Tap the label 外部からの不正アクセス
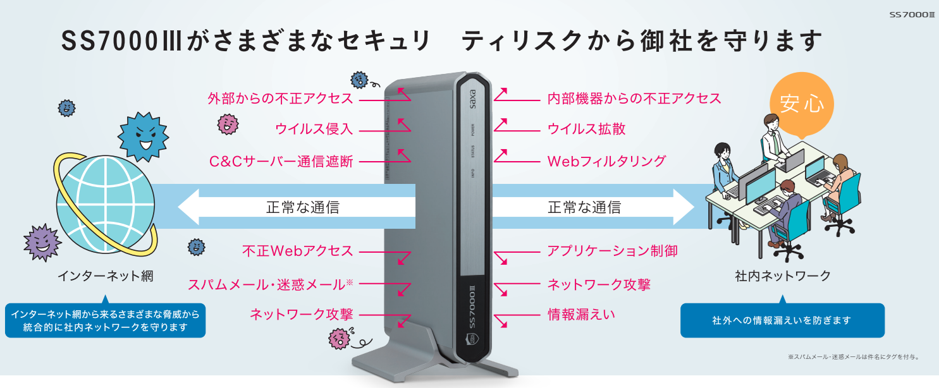tap(281, 99)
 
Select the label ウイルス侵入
tap(314, 129)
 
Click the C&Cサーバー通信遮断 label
tap(281, 162)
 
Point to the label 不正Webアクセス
tap(298, 251)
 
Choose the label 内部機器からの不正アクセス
tap(634, 99)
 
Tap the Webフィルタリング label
tap(606, 162)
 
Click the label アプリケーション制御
tap(613, 251)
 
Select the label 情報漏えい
tap(581, 315)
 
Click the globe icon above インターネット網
tap(106, 205)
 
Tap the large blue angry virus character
tap(143, 136)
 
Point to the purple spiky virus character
tap(42, 243)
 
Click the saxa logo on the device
tap(472, 99)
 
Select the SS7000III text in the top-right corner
tap(912, 15)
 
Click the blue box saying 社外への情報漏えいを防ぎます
tap(782, 320)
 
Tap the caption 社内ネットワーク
tap(783, 276)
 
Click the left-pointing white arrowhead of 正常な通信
tap(188, 207)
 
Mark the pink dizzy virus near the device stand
tap(340, 339)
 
